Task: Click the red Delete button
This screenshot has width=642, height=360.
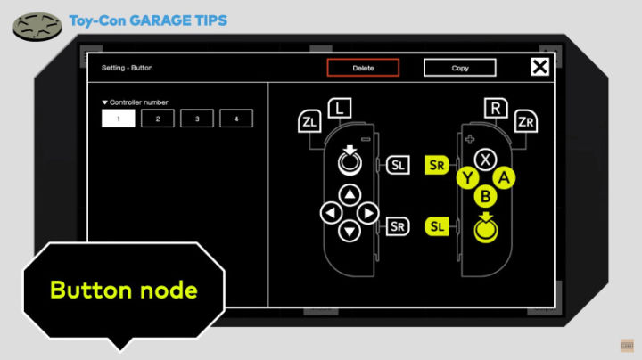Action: pyautogui.click(x=363, y=68)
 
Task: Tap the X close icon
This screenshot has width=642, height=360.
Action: pyautogui.click(x=539, y=66)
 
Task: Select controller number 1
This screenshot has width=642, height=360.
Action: pyautogui.click(x=119, y=119)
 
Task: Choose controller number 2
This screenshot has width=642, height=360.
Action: pyautogui.click(x=158, y=119)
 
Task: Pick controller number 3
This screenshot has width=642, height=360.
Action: pyautogui.click(x=197, y=119)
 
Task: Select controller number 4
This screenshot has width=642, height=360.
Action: pyautogui.click(x=236, y=119)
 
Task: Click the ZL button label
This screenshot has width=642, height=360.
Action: pyautogui.click(x=309, y=121)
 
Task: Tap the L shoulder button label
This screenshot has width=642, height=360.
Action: pyautogui.click(x=340, y=109)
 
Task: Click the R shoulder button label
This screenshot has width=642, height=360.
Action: pyautogui.click(x=496, y=109)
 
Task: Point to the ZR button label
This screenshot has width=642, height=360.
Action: pyautogui.click(x=526, y=121)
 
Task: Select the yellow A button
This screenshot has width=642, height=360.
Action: pyautogui.click(x=504, y=178)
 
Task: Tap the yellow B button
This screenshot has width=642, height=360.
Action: pyautogui.click(x=486, y=196)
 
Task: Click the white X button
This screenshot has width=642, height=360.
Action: pyautogui.click(x=486, y=160)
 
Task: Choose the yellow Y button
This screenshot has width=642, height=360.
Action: pyautogui.click(x=467, y=178)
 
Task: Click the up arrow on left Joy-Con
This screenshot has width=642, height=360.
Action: pyautogui.click(x=350, y=195)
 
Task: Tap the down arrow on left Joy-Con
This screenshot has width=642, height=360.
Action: pyautogui.click(x=350, y=231)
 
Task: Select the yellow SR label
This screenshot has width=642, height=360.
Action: pyautogui.click(x=437, y=165)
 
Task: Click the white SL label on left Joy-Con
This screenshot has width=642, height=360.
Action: pyautogui.click(x=398, y=165)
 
